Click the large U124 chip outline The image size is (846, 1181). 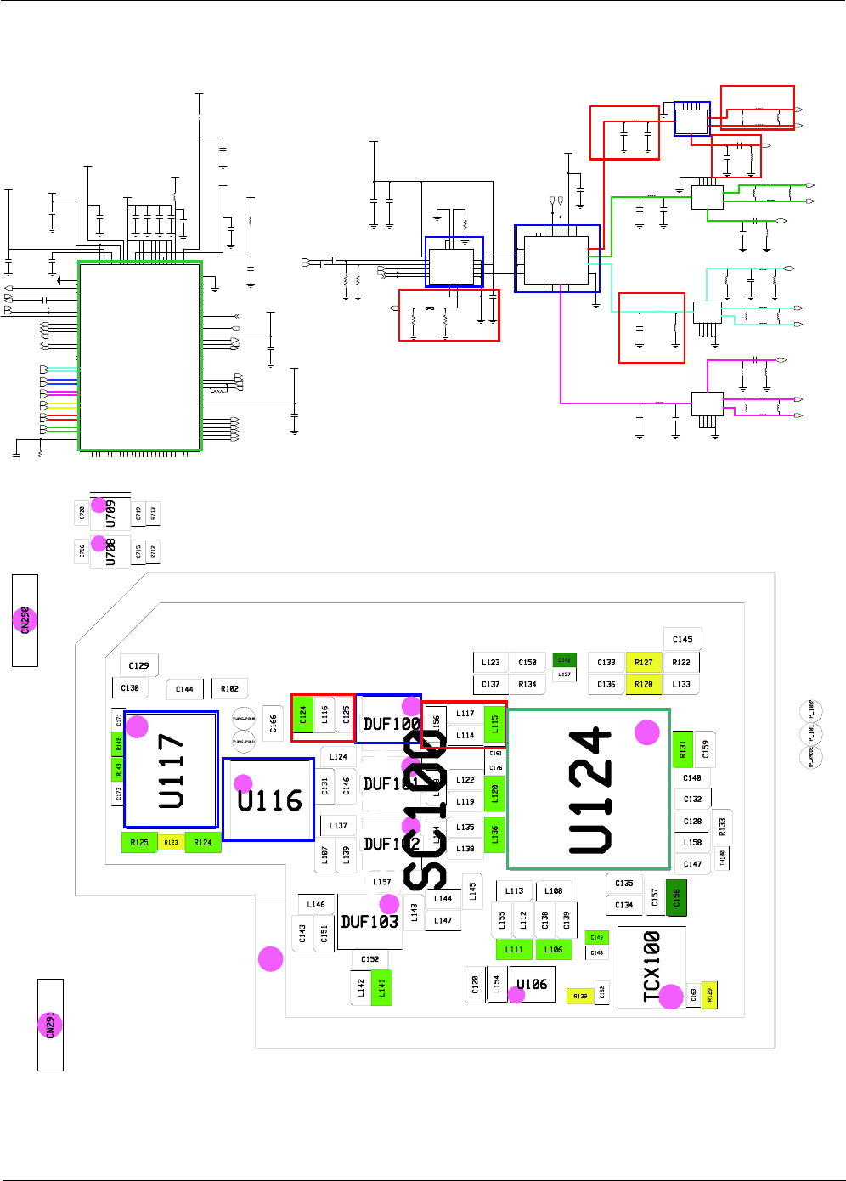pyautogui.click(x=589, y=789)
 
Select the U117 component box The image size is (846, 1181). pyautogui.click(x=171, y=770)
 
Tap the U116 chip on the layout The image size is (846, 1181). pyautogui.click(x=268, y=800)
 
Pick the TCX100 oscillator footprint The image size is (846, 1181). pyautogui.click(x=651, y=967)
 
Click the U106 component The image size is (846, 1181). pyautogui.click(x=532, y=984)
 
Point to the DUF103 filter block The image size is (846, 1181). pyautogui.click(x=369, y=922)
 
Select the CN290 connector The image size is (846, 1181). pyautogui.click(x=25, y=620)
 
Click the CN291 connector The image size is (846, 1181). pyautogui.click(x=50, y=1025)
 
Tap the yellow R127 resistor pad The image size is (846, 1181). pyautogui.click(x=644, y=663)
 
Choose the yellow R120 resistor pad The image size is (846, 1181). pyautogui.click(x=644, y=684)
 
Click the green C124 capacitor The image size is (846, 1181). pyautogui.click(x=302, y=715)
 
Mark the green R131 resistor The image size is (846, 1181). pyautogui.click(x=682, y=749)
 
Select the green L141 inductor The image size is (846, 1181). pyautogui.click(x=382, y=987)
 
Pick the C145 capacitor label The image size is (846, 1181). pyautogui.click(x=682, y=639)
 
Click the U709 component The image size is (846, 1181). pyautogui.click(x=110, y=514)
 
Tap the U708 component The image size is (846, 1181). pyautogui.click(x=110, y=551)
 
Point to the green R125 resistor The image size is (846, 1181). pyautogui.click(x=139, y=843)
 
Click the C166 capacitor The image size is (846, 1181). pyautogui.click(x=273, y=723)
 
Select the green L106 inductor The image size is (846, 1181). pyautogui.click(x=553, y=950)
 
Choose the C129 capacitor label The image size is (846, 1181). pyautogui.click(x=138, y=665)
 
